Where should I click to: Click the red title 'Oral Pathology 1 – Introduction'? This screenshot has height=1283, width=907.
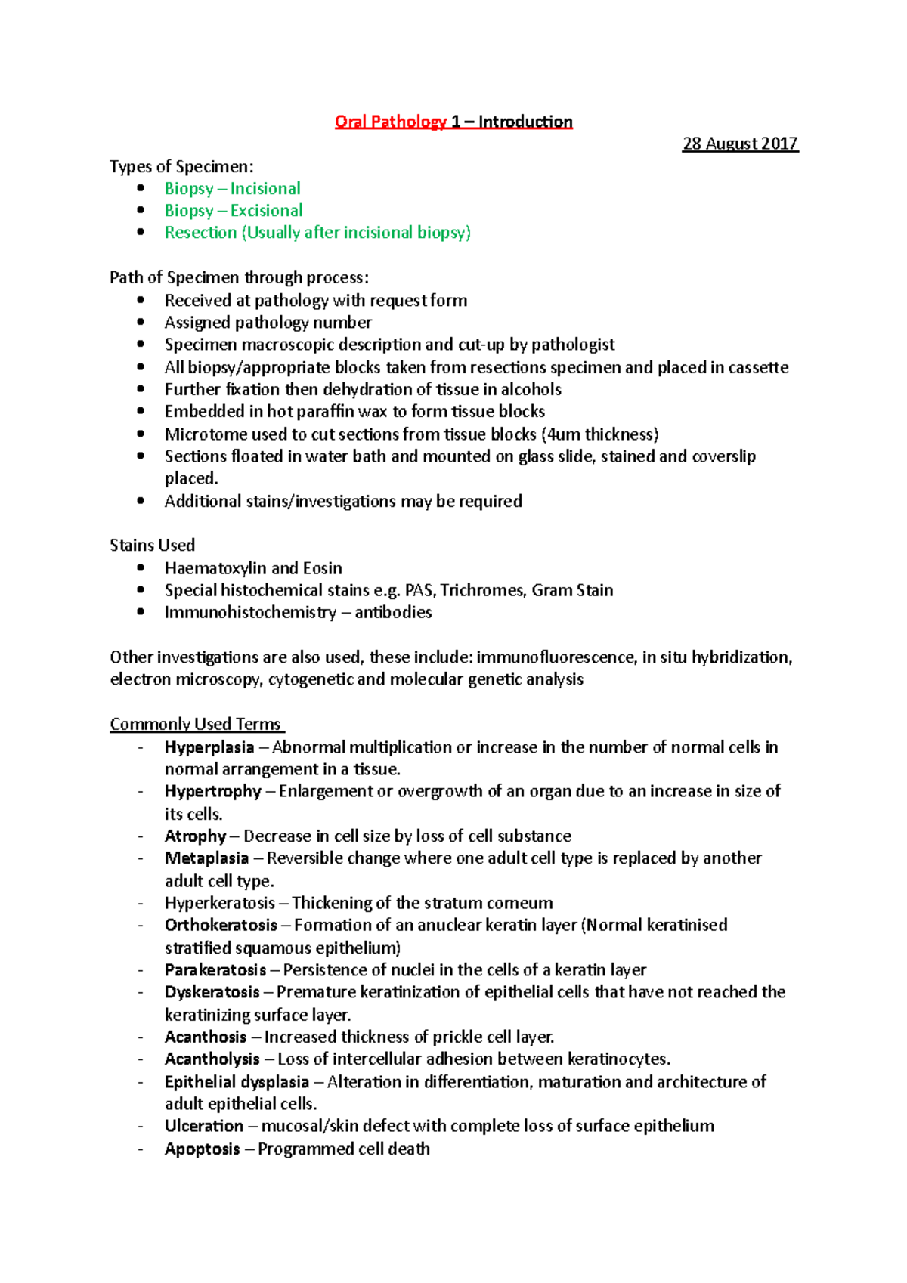coord(453,122)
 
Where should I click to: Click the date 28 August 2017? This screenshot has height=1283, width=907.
coord(740,144)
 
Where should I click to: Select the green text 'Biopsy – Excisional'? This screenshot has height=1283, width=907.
coord(234,211)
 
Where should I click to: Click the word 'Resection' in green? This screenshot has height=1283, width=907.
coord(200,233)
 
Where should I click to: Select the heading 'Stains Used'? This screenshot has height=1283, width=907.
coord(152,546)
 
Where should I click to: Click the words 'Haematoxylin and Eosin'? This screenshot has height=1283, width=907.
coord(253,568)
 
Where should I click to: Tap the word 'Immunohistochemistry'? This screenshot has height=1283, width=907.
coord(250,613)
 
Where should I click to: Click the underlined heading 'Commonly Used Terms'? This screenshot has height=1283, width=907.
coord(195,724)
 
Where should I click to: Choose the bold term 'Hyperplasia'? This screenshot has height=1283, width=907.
coord(209,747)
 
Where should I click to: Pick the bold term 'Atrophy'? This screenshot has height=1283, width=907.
coord(195,836)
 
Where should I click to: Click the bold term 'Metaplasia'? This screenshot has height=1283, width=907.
coord(206,858)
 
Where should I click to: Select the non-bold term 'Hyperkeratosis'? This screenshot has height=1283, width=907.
coord(219,903)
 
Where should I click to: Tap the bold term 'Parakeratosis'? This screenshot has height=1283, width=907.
coord(215,970)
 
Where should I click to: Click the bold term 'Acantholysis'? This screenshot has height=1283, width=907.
coord(212,1059)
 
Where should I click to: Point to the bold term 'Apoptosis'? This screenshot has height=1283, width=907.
coord(202,1149)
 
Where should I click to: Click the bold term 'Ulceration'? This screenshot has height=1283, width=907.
coord(204,1126)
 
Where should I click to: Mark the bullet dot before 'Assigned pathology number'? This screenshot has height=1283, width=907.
coord(141,322)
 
